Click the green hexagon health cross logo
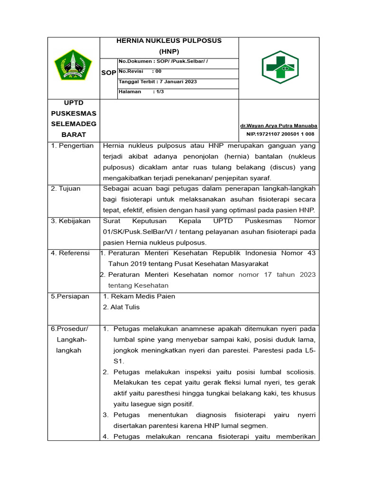pyautogui.click(x=280, y=67)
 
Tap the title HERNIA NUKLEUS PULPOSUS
pyautogui.click(x=169, y=41)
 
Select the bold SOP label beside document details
pyautogui.click(x=108, y=73)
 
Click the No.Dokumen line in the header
pyautogui.click(x=163, y=61)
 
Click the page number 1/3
pyautogui.click(x=158, y=92)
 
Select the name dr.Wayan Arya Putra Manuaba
pyautogui.click(x=279, y=126)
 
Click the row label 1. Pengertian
pyautogui.click(x=72, y=146)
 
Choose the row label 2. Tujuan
pyautogui.click(x=66, y=188)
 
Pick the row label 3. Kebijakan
pyautogui.click(x=71, y=221)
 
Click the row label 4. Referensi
pyautogui.click(x=70, y=253)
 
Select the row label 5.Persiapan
pyautogui.click(x=70, y=296)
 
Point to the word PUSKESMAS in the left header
pyautogui.click(x=73, y=113)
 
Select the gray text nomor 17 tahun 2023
pyautogui.click(x=277, y=274)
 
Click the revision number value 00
pyautogui.click(x=158, y=71)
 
